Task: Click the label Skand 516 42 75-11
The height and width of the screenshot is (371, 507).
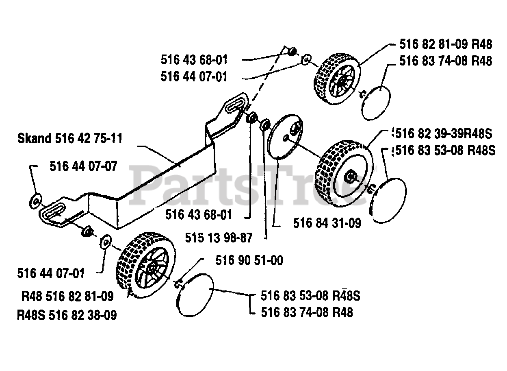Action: (69, 138)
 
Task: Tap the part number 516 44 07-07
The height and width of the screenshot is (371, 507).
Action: (83, 166)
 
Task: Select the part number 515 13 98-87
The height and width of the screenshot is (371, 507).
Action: (219, 237)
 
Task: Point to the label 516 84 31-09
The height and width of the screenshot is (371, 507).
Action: (327, 223)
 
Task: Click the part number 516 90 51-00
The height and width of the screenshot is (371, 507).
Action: (249, 260)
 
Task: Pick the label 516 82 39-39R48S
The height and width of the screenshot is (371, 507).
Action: (443, 133)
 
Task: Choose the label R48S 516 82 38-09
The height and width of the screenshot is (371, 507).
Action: (67, 314)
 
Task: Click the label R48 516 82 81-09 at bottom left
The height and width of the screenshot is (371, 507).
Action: (67, 296)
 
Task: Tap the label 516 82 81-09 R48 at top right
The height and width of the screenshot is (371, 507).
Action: (446, 44)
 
